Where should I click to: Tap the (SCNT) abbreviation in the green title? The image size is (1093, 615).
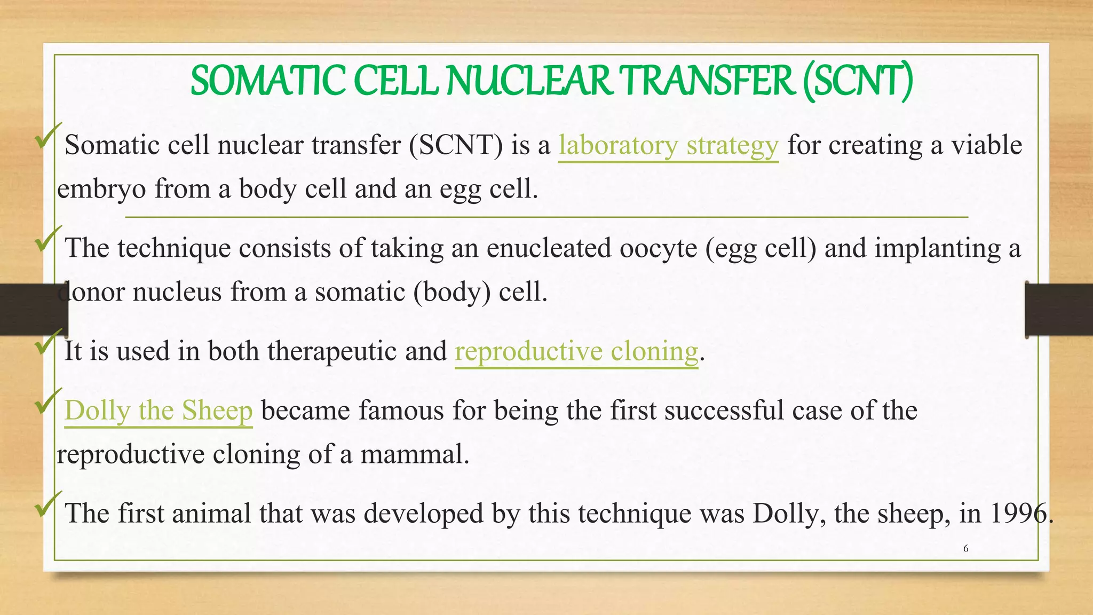[x=858, y=81]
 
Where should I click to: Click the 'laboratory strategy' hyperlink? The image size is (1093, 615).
[x=668, y=146]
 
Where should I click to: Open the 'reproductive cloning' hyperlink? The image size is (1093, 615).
[x=576, y=352]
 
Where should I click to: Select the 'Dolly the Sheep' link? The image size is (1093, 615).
[x=159, y=411]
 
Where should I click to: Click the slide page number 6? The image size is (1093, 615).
[x=965, y=549]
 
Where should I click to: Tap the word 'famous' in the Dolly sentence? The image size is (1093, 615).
[x=401, y=411]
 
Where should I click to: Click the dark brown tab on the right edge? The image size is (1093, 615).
[x=1059, y=310]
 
